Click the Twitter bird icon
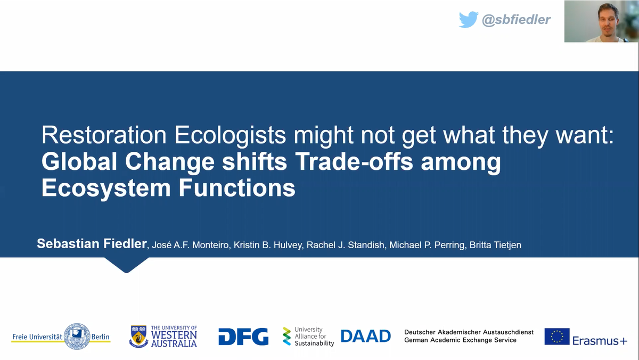(x=469, y=20)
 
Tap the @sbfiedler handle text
(x=516, y=20)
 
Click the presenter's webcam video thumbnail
(x=601, y=21)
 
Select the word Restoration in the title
(x=104, y=135)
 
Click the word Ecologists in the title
(x=230, y=135)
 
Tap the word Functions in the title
(x=237, y=187)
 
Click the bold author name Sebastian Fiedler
(x=92, y=243)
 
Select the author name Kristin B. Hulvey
(x=267, y=245)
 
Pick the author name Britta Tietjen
(x=495, y=245)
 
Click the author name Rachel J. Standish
(x=345, y=245)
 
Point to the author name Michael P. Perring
(x=427, y=245)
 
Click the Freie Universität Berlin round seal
(x=77, y=337)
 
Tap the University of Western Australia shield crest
(x=138, y=337)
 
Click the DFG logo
(x=243, y=337)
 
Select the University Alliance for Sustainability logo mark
(x=286, y=337)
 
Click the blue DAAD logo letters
(x=366, y=336)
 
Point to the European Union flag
(x=557, y=337)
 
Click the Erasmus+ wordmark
(x=600, y=341)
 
